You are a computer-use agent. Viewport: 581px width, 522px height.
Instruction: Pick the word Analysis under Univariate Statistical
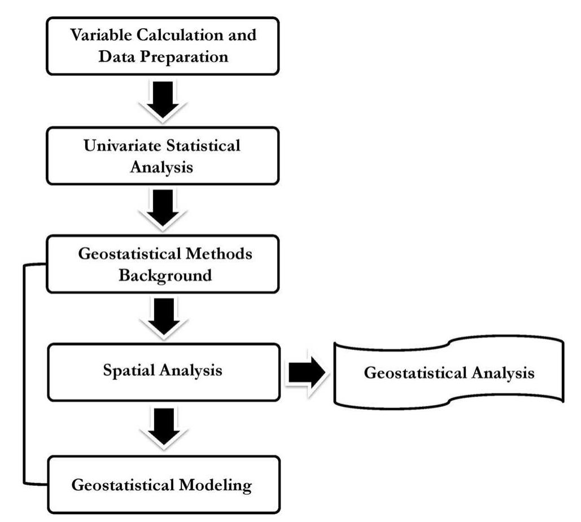pyautogui.click(x=162, y=167)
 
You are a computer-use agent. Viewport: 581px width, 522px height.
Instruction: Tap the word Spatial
pyautogui.click(x=129, y=370)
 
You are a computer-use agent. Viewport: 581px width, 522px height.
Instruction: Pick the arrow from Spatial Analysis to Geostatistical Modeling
pyautogui.click(x=163, y=428)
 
